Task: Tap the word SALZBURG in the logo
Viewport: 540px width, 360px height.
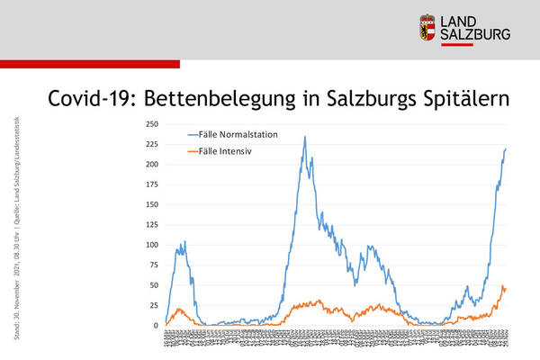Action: click(478, 34)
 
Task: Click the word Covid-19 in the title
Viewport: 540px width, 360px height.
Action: click(88, 97)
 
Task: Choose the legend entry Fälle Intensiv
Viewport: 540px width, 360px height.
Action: click(226, 150)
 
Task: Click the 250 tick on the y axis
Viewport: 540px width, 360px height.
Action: click(151, 124)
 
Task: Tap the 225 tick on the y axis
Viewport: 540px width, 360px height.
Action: click(151, 144)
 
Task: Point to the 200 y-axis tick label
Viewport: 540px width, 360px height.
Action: click(151, 165)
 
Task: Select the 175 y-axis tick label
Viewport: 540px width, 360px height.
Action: click(151, 184)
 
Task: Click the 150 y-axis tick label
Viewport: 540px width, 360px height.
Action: click(151, 204)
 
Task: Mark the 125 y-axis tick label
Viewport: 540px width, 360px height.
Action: click(151, 225)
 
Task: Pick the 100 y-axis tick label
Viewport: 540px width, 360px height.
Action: click(151, 245)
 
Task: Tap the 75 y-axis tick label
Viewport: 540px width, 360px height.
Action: click(153, 265)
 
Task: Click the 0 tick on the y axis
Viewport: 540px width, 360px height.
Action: click(156, 326)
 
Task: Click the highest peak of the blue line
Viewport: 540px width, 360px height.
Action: click(305, 137)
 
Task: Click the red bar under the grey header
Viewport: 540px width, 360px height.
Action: click(90, 64)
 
